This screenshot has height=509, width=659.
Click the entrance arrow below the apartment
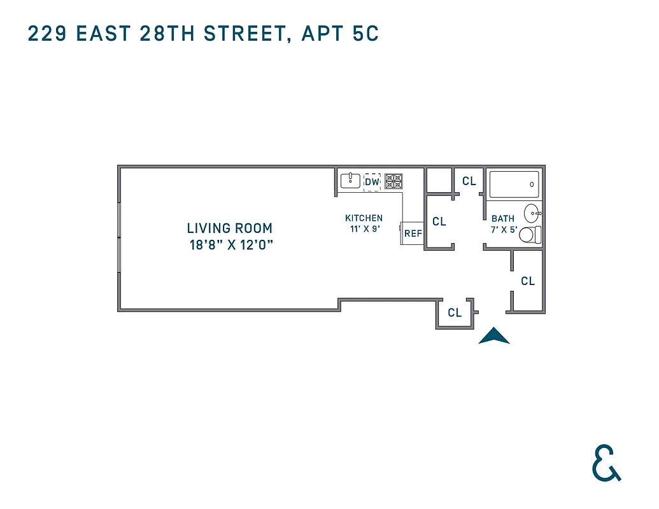click(x=493, y=337)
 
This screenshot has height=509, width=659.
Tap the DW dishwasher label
click(x=372, y=182)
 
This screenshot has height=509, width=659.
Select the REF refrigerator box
click(x=413, y=234)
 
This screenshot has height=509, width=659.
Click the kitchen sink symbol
click(x=350, y=181)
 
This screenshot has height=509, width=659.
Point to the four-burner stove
click(x=393, y=181)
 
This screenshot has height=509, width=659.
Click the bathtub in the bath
click(x=514, y=185)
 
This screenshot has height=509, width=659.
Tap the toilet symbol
click(x=528, y=235)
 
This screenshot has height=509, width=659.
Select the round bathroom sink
click(x=532, y=213)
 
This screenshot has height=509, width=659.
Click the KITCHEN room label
click(x=364, y=218)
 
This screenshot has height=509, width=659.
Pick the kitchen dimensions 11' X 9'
click(x=364, y=229)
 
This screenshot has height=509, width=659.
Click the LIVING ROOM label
click(x=229, y=228)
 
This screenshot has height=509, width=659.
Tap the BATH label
click(x=502, y=218)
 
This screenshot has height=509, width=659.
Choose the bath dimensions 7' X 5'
click(x=503, y=229)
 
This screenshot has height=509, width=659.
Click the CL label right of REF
click(x=439, y=222)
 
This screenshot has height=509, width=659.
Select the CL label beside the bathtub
click(x=469, y=181)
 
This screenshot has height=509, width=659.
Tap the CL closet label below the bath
click(x=528, y=281)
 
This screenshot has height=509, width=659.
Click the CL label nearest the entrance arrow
click(x=454, y=313)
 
